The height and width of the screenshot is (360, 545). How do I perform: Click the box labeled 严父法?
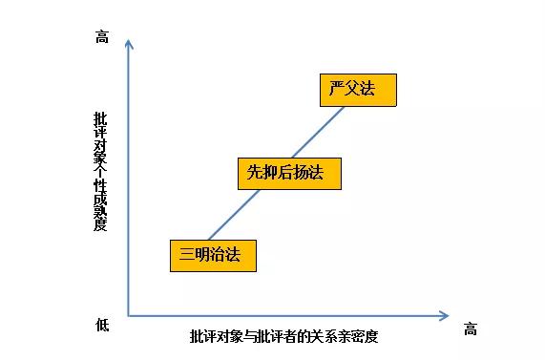coord(358,90)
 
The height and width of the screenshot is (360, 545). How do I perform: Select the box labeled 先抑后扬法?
coord(289,174)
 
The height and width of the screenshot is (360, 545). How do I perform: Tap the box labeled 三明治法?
coord(213,256)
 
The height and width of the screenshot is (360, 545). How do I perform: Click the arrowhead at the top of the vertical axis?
coord(129,44)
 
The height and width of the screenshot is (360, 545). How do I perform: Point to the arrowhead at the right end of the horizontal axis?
coord(444,316)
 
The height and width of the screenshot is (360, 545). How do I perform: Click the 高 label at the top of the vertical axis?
coord(102,36)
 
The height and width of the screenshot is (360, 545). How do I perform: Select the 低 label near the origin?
coord(102,325)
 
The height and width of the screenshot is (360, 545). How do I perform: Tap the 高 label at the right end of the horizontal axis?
coord(471,328)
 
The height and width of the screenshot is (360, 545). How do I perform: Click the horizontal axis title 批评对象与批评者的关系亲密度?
coord(283,336)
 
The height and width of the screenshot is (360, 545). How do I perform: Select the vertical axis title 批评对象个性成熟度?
coord(100,171)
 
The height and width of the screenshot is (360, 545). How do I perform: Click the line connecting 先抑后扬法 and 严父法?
coord(318,132)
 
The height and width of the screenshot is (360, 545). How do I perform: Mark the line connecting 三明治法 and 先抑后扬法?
coord(234,215)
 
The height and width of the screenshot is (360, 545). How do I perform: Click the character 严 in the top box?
coord(337,88)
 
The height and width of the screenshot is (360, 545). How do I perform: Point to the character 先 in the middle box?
coord(255,172)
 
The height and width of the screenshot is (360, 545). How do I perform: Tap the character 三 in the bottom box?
coord(187,254)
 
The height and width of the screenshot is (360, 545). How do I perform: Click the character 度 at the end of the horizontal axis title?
coord(370,336)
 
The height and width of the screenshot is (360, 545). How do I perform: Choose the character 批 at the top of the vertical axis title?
coord(100,118)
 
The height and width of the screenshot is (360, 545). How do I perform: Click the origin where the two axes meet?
coord(129,316)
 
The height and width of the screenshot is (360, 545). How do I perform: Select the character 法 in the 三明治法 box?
coord(233,254)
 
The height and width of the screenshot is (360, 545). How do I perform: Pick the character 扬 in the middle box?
coord(301,172)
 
